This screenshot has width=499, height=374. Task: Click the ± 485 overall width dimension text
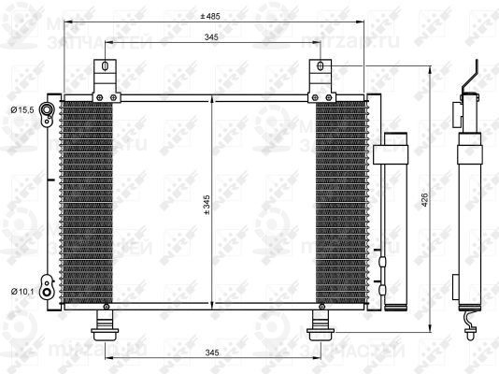pyautogui.click(x=209, y=16)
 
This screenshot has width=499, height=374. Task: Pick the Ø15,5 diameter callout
pyautogui.click(x=22, y=110)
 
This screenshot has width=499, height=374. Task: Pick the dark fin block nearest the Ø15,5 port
pyautogui.click(x=86, y=201)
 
